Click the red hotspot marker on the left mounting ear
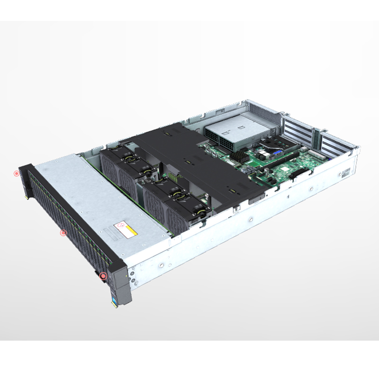coord(17,173)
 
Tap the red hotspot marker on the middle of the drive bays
coord(63,233)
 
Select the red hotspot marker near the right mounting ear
coord(103,275)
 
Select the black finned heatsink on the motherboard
coord(242,156)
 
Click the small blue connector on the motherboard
coord(278,153)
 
